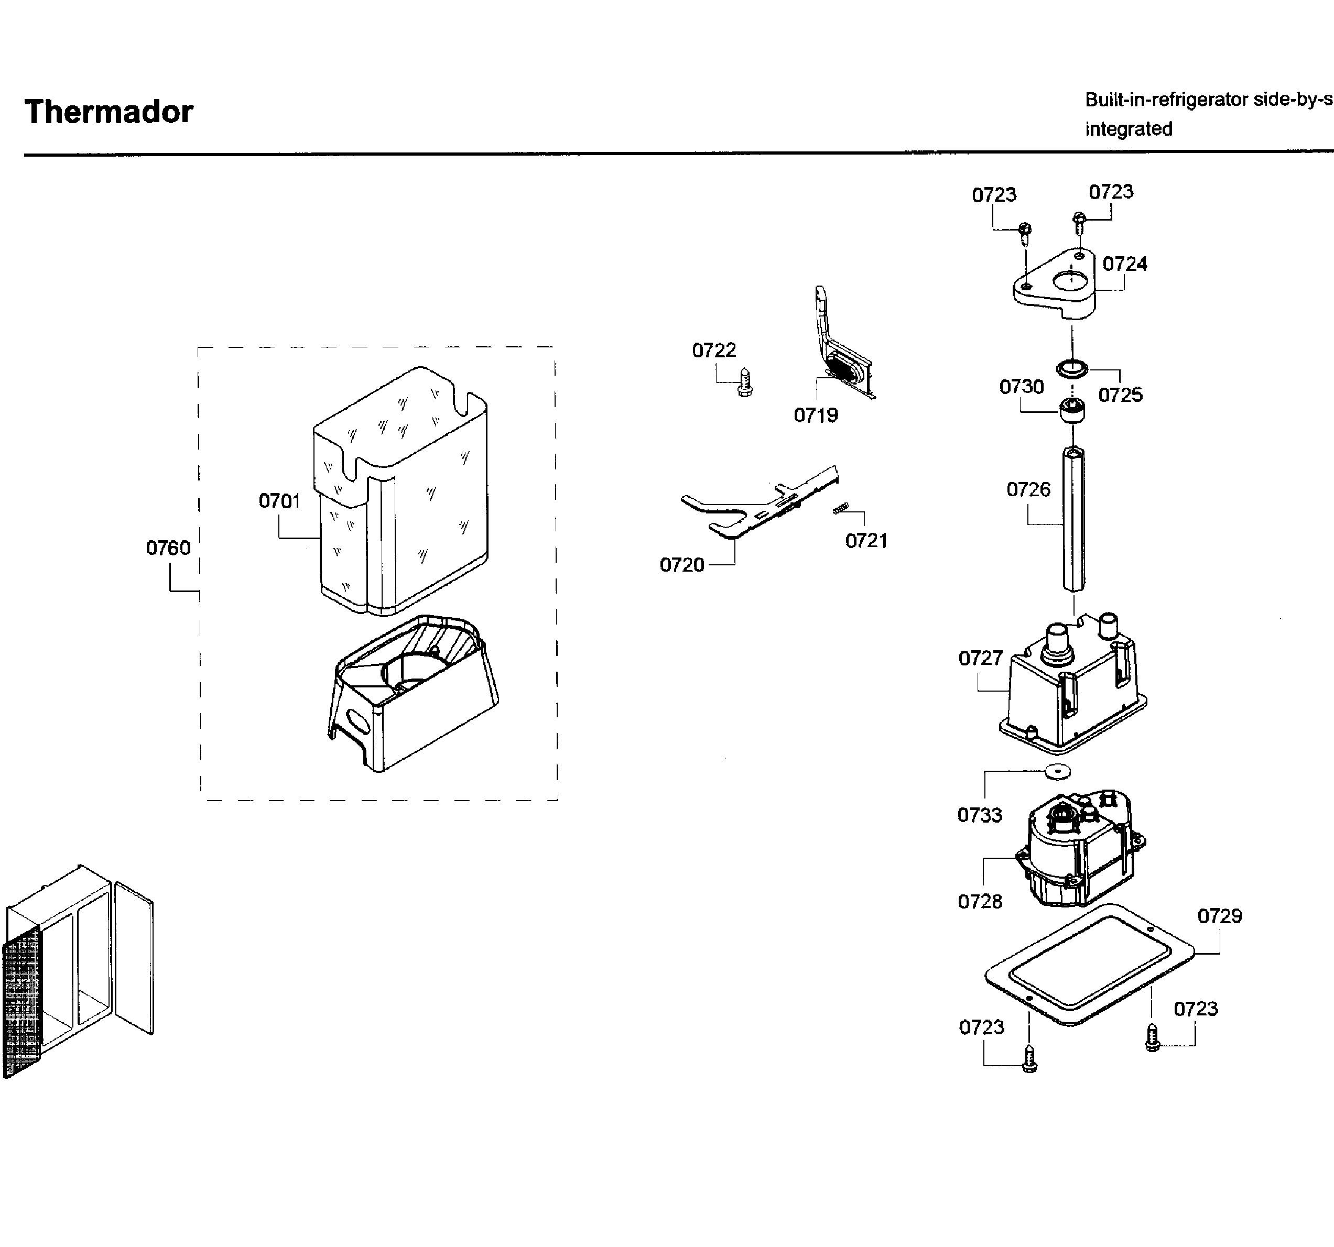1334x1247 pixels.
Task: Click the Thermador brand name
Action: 109,112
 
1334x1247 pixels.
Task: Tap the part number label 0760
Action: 168,548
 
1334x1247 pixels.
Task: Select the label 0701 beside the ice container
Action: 279,500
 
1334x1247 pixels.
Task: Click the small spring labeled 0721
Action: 840,508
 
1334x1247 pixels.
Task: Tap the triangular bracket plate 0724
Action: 1054,285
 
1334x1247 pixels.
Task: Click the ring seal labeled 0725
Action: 1071,368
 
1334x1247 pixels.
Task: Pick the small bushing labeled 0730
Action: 1072,410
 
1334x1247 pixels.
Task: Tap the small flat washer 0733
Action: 1058,772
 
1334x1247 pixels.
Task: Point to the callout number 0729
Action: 1219,916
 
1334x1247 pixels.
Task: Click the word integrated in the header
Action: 1128,129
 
